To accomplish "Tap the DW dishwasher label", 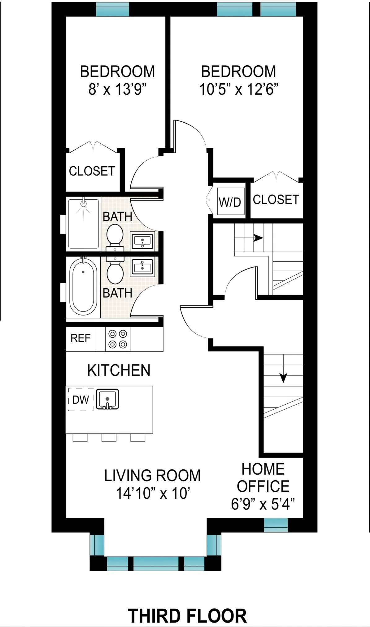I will coord(81,400).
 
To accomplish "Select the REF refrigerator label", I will coord(80,338).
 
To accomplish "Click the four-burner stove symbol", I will coord(118,339).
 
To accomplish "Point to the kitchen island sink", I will coord(107,399).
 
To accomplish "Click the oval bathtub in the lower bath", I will coord(83,286).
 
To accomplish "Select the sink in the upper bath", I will coord(142,241).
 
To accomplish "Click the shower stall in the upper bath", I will coord(83,224).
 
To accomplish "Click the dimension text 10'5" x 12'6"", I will coord(238,89).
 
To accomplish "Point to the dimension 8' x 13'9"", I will coord(117,89).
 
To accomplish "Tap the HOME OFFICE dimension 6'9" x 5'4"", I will coord(263,504).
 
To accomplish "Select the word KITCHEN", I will coord(119,370).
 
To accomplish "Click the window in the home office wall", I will coord(276,525).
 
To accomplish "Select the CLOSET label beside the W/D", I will coord(276,200).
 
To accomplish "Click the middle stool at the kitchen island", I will coord(109,438).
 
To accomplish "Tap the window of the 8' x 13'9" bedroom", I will coord(112,9).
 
